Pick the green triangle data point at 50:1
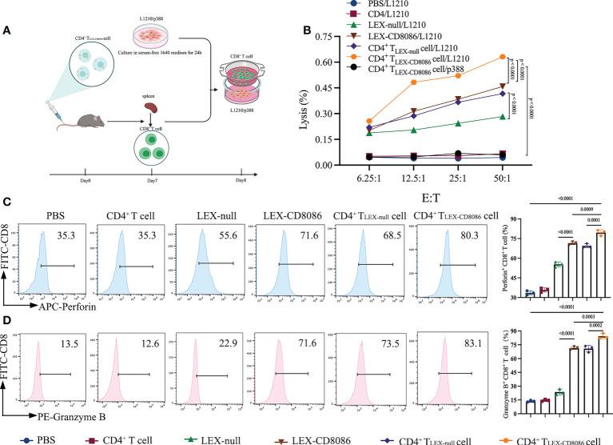(502, 117)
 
